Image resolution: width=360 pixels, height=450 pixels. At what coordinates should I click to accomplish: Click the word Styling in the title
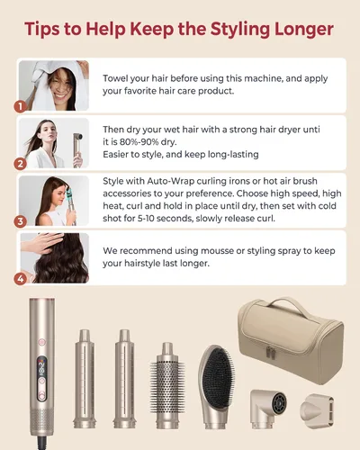click(x=239, y=29)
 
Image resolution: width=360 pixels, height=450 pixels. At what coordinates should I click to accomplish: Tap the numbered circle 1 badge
click(x=21, y=106)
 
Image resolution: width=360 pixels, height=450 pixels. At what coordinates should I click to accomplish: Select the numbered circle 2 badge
click(x=21, y=164)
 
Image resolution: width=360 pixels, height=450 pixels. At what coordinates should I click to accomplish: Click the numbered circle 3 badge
click(x=21, y=221)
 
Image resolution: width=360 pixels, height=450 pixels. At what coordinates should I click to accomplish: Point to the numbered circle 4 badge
click(x=21, y=279)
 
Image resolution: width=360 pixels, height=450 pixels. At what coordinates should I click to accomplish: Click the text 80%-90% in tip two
click(x=139, y=141)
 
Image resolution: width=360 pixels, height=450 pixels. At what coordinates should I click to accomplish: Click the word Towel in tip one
click(x=115, y=78)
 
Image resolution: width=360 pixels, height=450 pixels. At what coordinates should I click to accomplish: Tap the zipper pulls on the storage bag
click(x=270, y=352)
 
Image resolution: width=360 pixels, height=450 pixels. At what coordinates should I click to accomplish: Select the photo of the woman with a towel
click(x=54, y=85)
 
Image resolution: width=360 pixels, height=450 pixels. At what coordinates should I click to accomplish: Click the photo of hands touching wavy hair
click(x=54, y=258)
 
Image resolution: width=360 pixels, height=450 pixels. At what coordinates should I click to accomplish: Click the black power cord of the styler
click(x=42, y=443)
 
